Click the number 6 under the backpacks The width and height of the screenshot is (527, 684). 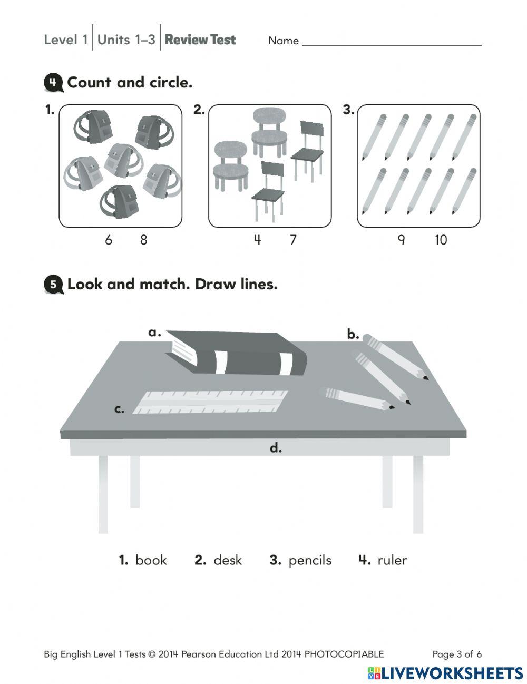pos(109,240)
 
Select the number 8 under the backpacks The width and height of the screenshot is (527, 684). pos(143,240)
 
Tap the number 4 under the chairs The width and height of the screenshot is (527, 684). pos(257,240)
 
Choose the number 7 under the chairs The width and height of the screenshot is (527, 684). pos(293,240)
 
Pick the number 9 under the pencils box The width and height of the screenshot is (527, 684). pos(401,240)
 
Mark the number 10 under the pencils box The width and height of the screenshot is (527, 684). pos(441,240)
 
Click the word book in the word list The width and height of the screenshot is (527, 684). pos(151,560)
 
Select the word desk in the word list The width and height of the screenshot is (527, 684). pos(228,560)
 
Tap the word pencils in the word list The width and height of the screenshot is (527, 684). pos(310,560)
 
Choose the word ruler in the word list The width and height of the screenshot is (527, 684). pos(392,560)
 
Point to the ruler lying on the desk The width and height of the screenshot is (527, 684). pos(211,402)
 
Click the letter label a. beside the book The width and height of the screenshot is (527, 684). pos(154,333)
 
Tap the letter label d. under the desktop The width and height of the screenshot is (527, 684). pos(276,448)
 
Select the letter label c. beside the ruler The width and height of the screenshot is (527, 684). pos(120,409)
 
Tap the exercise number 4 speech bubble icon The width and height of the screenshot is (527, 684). pos(53,83)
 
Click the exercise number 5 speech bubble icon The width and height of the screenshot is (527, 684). pos(53,285)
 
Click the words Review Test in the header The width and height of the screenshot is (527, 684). pos(200,40)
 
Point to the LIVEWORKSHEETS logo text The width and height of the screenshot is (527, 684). pos(452,673)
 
